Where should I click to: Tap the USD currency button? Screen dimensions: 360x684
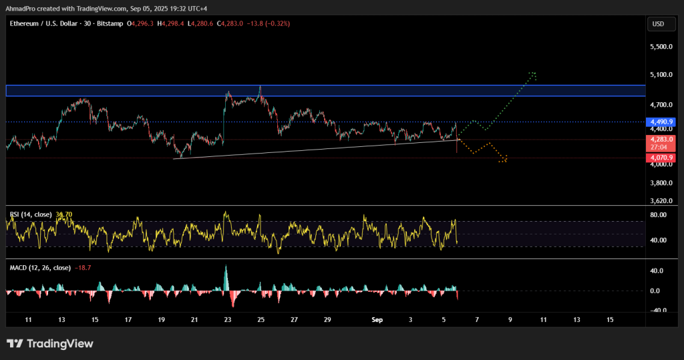pyautogui.click(x=658, y=24)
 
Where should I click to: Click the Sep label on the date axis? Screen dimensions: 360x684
pyautogui.click(x=377, y=321)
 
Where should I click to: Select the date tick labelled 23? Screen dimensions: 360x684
pyautogui.click(x=228, y=321)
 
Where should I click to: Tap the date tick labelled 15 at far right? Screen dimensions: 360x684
pyautogui.click(x=609, y=321)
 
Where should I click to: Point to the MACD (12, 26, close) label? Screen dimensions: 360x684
pyautogui.click(x=39, y=268)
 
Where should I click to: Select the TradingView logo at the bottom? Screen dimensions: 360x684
pyautogui.click(x=50, y=343)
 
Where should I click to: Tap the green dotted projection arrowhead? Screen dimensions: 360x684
pyautogui.click(x=532, y=74)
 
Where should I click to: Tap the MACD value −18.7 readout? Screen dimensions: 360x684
pyautogui.click(x=84, y=268)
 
